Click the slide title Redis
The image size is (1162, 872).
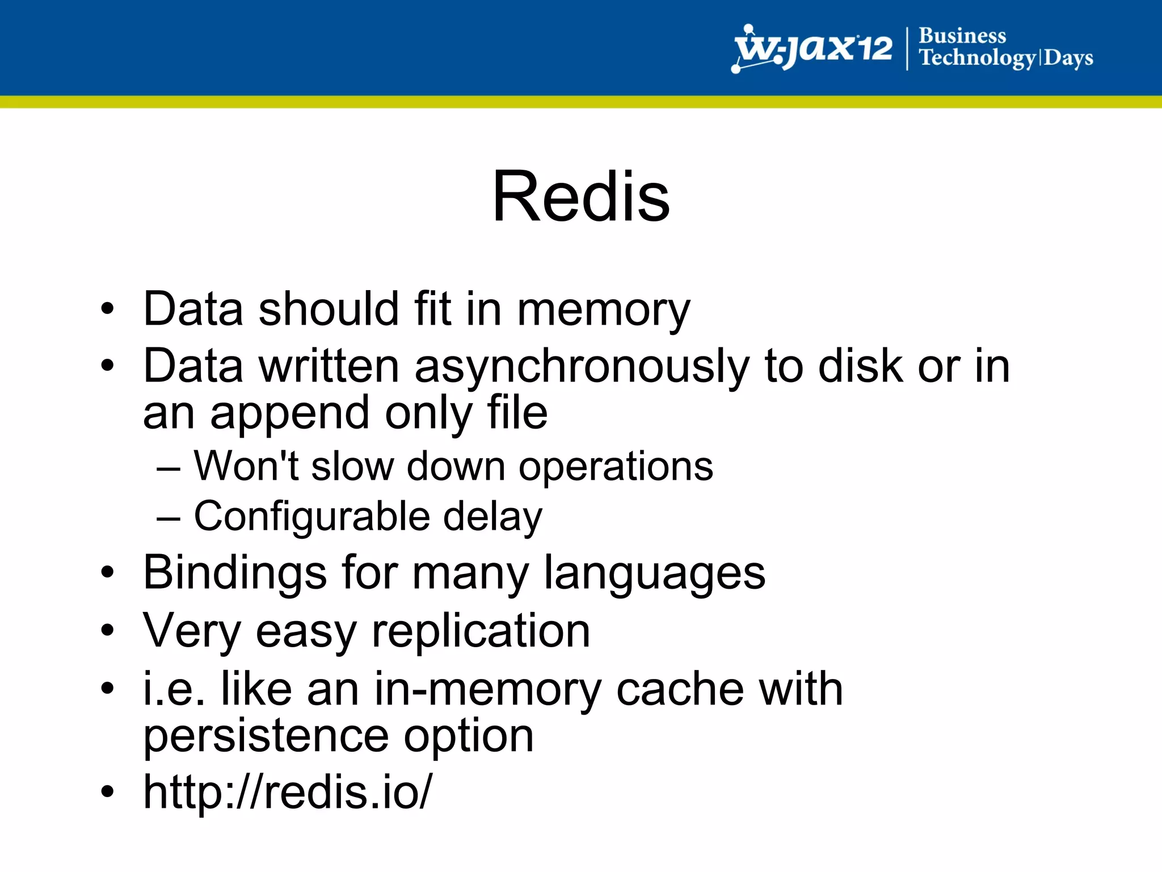coord(581,196)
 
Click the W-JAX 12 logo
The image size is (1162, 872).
coord(812,49)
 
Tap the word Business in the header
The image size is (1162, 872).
coord(962,35)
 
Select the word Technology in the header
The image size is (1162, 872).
coord(977,58)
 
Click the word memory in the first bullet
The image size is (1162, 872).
coord(604,310)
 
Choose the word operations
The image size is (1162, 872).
coord(616,467)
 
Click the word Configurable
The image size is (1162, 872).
coord(311,517)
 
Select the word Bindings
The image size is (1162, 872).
coord(235,573)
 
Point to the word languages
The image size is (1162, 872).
coord(654,573)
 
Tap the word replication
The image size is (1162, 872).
coord(481,632)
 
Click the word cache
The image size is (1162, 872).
coord(680,689)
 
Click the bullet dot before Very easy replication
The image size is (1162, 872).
coord(107,630)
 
